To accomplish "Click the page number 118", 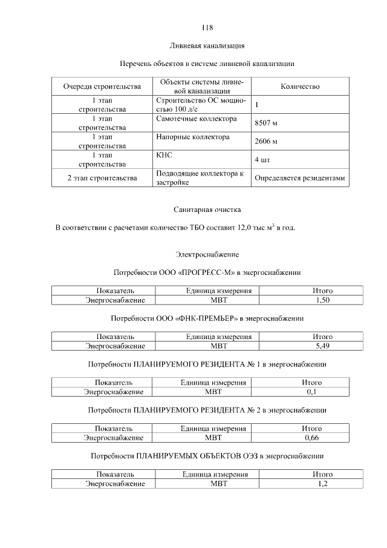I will pyautogui.click(x=207, y=28).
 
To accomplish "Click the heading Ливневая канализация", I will pyautogui.click(x=207, y=45).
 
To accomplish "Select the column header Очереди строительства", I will pyautogui.click(x=102, y=87).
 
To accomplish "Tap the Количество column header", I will pyautogui.click(x=300, y=87).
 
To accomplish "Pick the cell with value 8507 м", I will pyautogui.click(x=266, y=124).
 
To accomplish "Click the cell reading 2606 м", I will pyautogui.click(x=266, y=142).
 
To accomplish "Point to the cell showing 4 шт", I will pyautogui.click(x=262, y=160).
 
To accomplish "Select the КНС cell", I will pyautogui.click(x=164, y=156).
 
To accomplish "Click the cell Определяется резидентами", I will pyautogui.click(x=300, y=178).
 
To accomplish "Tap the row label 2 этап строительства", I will pyautogui.click(x=102, y=178).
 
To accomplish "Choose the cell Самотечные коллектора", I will pyautogui.click(x=193, y=119).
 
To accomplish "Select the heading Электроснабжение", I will pyautogui.click(x=207, y=254).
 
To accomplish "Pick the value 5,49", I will pyautogui.click(x=322, y=346).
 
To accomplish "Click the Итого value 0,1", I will pyautogui.click(x=311, y=392).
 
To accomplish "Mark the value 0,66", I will pyautogui.click(x=311, y=437).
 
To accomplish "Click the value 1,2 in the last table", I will pyautogui.click(x=322, y=483).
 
